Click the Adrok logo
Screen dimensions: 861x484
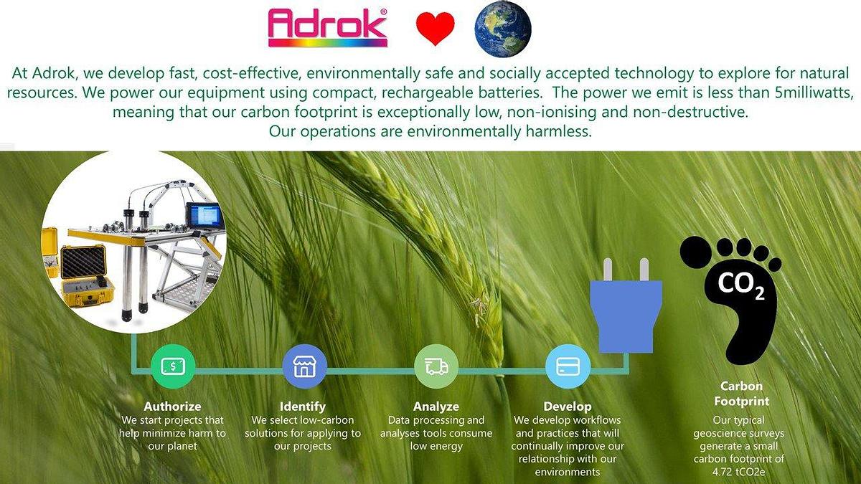pos(327,28)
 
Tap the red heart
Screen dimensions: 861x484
pos(435,29)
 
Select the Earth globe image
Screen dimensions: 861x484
pos(503,29)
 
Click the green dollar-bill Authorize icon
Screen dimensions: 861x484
pos(173,366)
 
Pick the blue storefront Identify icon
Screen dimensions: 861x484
pos(304,366)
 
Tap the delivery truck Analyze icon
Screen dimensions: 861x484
pos(436,366)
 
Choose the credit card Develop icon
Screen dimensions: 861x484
pos(568,366)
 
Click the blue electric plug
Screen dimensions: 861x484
pos(626,308)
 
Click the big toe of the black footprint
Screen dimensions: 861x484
pos(696,252)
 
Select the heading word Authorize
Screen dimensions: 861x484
pos(172,406)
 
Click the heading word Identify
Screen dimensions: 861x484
pos(303,407)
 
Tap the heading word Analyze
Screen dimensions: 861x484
pos(436,407)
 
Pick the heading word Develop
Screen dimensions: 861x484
pos(568,407)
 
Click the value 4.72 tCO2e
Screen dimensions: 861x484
pos(738,472)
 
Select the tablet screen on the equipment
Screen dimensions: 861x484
pos(204,216)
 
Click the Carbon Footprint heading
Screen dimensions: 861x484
pos(741,394)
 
